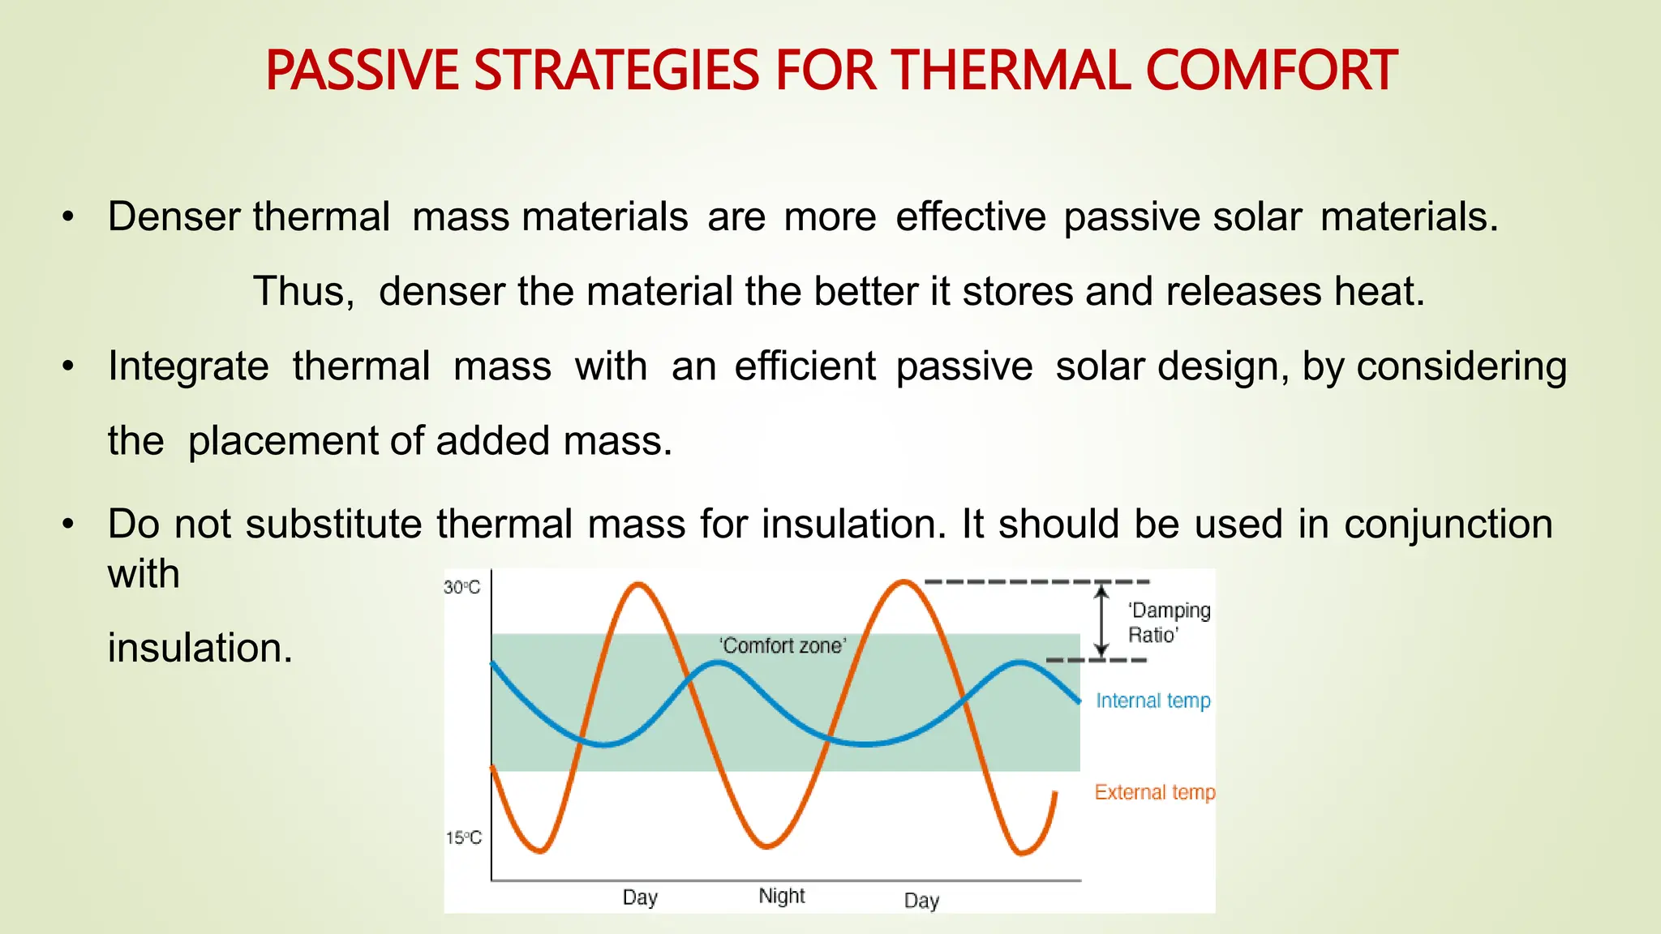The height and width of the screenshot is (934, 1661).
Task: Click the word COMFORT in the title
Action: pyautogui.click(x=1271, y=71)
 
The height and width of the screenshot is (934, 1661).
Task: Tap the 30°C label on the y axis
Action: pyautogui.click(x=461, y=587)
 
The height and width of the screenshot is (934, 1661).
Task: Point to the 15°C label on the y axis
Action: pyautogui.click(x=463, y=838)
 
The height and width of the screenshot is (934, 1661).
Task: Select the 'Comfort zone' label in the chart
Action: pyautogui.click(x=782, y=645)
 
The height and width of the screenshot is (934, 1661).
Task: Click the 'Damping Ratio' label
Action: pyautogui.click(x=1168, y=622)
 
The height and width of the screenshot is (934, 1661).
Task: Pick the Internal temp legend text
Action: pyautogui.click(x=1152, y=700)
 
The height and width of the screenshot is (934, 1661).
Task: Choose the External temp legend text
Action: pyautogui.click(x=1154, y=792)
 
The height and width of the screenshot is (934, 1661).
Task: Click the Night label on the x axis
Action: pyautogui.click(x=782, y=896)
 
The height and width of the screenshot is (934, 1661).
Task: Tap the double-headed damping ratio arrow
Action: pyautogui.click(x=1101, y=621)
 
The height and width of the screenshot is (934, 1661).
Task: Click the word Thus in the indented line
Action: pyautogui.click(x=303, y=291)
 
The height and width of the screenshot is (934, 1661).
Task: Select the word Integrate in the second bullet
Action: pyautogui.click(x=188, y=366)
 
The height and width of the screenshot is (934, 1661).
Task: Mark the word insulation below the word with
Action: pyautogui.click(x=200, y=648)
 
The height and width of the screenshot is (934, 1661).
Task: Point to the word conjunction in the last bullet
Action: pyautogui.click(x=1448, y=524)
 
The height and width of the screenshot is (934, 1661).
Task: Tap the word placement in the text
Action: pyautogui.click(x=283, y=441)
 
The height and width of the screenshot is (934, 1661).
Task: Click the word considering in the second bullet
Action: pyautogui.click(x=1461, y=366)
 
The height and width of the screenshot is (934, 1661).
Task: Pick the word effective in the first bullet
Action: pyautogui.click(x=970, y=217)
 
